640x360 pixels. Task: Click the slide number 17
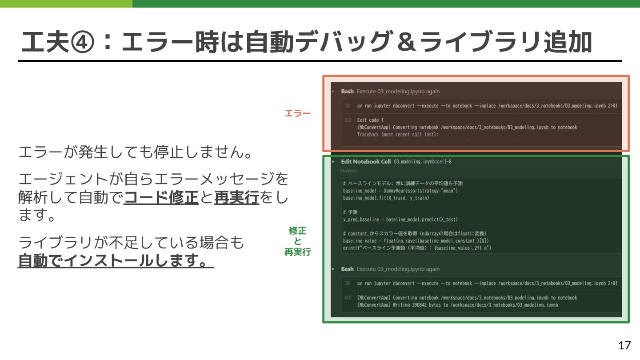click(x=624, y=345)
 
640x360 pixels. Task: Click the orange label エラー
click(x=298, y=113)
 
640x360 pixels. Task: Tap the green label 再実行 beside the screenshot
click(x=298, y=252)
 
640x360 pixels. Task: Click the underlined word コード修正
click(x=161, y=197)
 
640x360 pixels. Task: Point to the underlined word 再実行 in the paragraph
click(x=236, y=197)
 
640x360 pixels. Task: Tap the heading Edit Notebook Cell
click(x=366, y=161)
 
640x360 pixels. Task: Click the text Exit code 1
click(x=370, y=120)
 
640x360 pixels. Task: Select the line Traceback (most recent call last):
click(x=398, y=134)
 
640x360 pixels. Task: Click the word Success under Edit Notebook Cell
click(x=348, y=170)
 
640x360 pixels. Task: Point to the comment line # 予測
click(x=350, y=212)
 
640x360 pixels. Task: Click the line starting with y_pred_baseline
click(x=400, y=220)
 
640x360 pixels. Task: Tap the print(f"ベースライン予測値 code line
click(x=417, y=248)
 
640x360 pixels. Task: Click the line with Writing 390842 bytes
click(x=457, y=305)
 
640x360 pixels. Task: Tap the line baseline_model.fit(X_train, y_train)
click(x=386, y=198)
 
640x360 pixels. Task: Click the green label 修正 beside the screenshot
click(x=298, y=231)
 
